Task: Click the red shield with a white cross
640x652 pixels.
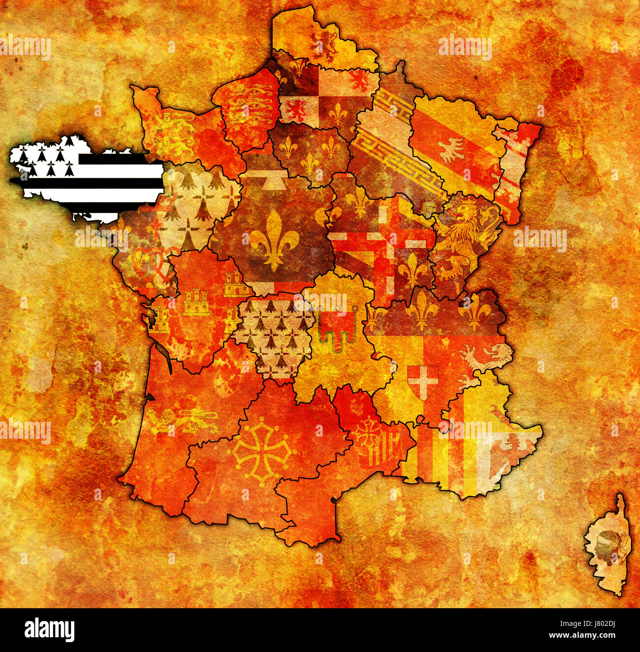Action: (422, 380)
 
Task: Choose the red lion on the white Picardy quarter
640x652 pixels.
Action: (297, 109)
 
